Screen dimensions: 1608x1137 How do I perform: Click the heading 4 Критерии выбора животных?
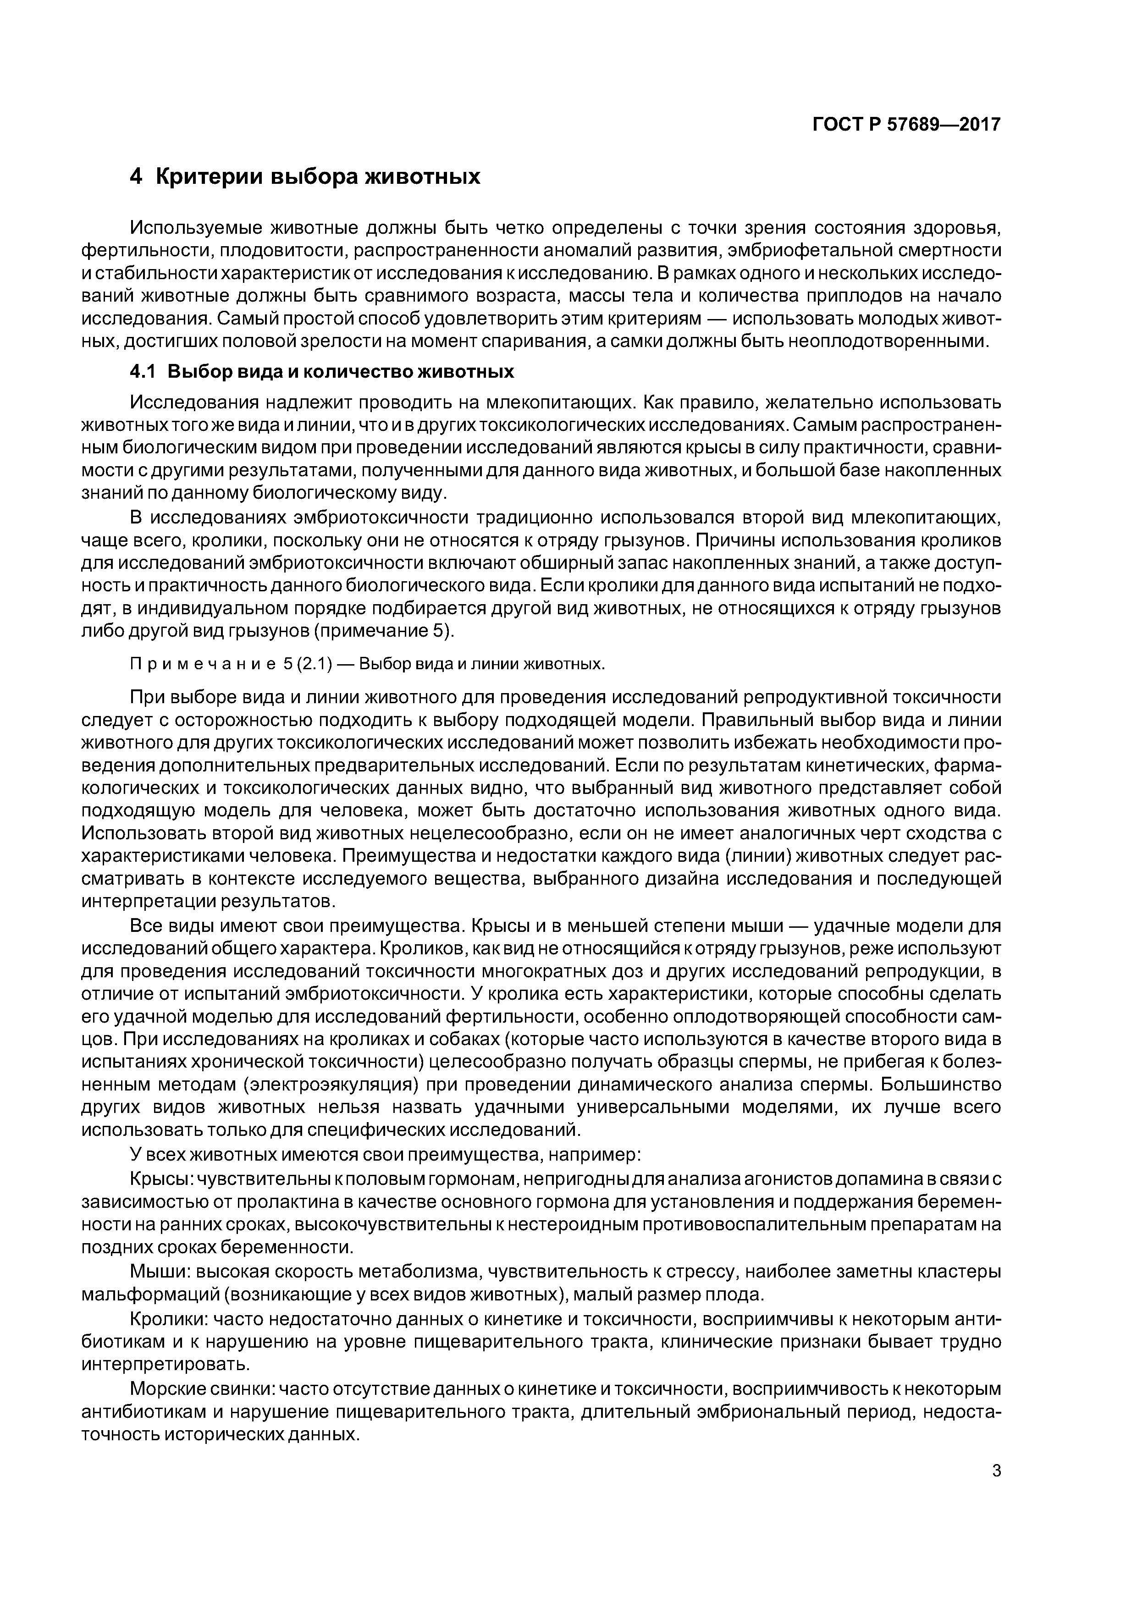coord(305,176)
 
